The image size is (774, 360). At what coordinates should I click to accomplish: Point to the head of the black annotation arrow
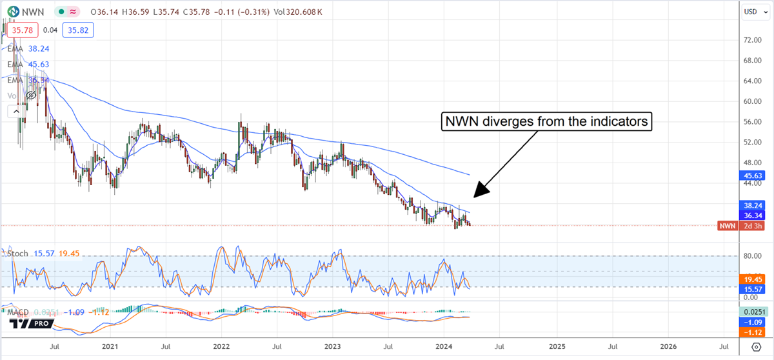click(475, 195)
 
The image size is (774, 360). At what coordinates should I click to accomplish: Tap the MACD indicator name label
click(18, 312)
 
